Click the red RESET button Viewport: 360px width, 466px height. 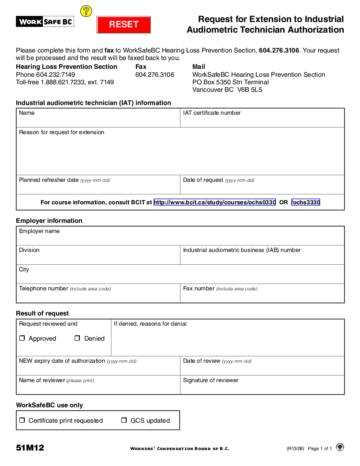point(124,25)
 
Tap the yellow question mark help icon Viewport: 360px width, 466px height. point(86,11)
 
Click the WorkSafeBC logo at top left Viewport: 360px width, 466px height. point(45,21)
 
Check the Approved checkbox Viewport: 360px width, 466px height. point(22,338)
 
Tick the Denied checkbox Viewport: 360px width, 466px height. point(77,338)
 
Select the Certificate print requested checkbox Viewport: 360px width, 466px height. point(22,421)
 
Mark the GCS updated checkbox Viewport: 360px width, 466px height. point(124,421)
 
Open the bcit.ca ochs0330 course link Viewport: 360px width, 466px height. point(214,203)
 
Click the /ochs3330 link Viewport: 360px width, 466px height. point(306,203)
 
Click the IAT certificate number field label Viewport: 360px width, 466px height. point(212,113)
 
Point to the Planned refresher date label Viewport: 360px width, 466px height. point(49,180)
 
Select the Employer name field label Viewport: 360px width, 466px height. point(39,231)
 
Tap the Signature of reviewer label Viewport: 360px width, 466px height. point(210,380)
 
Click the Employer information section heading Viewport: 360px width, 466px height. point(49,221)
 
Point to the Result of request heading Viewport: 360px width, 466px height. point(42,313)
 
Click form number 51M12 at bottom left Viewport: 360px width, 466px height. point(30,448)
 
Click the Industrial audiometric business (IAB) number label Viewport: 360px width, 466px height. point(242,250)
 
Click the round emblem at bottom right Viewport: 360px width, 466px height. point(340,447)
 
